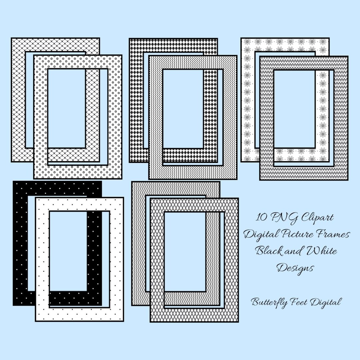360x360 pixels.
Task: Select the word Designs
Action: click(295, 268)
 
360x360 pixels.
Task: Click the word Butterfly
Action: click(270, 303)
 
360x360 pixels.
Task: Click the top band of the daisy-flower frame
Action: click(285, 45)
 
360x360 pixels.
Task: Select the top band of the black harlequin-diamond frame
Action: click(173, 45)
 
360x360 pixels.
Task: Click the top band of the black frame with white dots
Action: click(57, 189)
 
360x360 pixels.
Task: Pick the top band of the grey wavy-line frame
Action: click(176, 189)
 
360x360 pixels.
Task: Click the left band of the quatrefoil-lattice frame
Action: click(18, 100)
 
